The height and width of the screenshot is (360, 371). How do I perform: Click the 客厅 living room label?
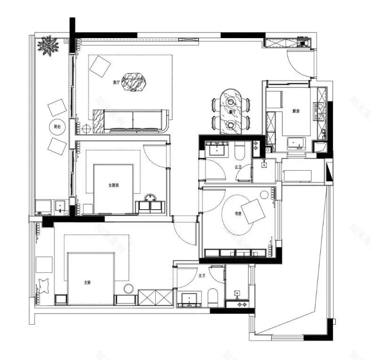[x=116, y=82]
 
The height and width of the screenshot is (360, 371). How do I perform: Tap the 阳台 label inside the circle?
[x=56, y=126]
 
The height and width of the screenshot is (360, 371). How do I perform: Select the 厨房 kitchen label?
[x=296, y=111]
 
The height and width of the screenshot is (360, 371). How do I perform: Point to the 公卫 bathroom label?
[x=238, y=166]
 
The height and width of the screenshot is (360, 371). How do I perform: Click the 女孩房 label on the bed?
[x=113, y=185]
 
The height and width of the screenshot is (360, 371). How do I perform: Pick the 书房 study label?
[x=238, y=213]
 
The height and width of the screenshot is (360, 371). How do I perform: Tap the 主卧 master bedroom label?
[x=88, y=283]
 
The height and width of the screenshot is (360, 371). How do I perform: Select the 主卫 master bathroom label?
[x=202, y=276]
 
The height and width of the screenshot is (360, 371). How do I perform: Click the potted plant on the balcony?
[x=49, y=46]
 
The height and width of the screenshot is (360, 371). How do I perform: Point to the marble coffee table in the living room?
[x=135, y=82]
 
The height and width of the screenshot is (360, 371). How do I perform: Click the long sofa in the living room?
[x=132, y=121]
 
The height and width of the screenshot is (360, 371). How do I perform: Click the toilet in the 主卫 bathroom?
[x=212, y=296]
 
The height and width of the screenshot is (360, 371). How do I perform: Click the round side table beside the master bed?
[x=129, y=288]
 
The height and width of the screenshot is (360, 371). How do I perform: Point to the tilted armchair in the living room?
[x=100, y=66]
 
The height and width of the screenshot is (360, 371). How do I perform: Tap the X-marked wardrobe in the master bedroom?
[x=155, y=298]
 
